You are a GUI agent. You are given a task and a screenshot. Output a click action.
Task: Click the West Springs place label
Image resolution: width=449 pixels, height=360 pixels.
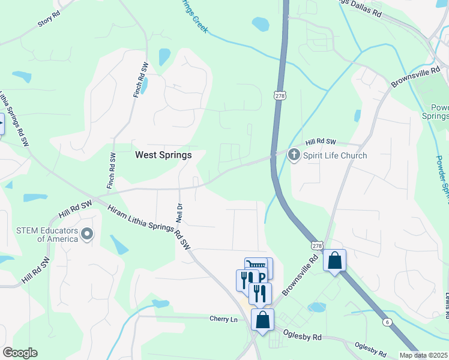pyautogui.click(x=163, y=155)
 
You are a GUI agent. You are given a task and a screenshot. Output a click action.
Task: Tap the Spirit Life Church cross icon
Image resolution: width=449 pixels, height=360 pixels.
pyautogui.click(x=294, y=155)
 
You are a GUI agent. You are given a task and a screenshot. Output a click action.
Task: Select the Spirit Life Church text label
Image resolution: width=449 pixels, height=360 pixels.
pyautogui.click(x=335, y=155)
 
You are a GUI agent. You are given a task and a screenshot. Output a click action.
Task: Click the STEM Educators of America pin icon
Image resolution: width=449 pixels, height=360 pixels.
pyautogui.click(x=87, y=233)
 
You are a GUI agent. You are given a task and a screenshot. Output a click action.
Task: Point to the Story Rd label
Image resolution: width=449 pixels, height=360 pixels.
pyautogui.click(x=49, y=20)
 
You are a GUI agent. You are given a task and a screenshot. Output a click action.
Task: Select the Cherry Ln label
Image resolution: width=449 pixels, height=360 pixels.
pyautogui.click(x=224, y=319)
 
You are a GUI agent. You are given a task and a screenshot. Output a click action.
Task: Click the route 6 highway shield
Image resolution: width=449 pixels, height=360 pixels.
pyautogui.click(x=388, y=322)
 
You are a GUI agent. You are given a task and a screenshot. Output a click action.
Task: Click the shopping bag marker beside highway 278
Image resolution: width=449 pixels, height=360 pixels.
pyautogui.click(x=334, y=260)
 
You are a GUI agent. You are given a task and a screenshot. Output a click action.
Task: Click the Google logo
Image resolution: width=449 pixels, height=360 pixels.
pyautogui.click(x=20, y=353)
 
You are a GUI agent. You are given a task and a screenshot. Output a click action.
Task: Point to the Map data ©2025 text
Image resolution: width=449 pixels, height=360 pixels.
pyautogui.click(x=423, y=355)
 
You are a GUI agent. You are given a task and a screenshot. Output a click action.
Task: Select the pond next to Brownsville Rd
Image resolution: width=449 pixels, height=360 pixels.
pyautogui.click(x=316, y=307)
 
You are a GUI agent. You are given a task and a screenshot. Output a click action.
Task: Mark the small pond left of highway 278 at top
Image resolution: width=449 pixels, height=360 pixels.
pyautogui.click(x=261, y=24)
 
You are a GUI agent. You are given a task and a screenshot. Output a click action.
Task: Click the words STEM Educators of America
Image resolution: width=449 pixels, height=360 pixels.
pyautogui.click(x=49, y=234)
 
